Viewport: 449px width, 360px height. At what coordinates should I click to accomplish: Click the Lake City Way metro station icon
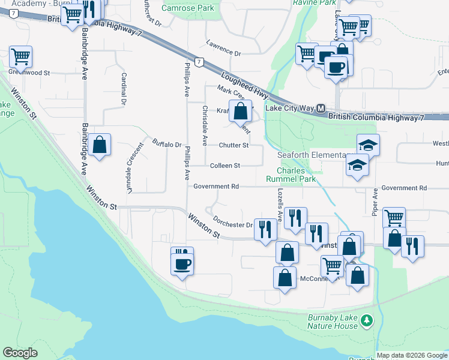coord(321,109)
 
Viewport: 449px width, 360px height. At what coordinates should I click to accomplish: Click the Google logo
coord(20,353)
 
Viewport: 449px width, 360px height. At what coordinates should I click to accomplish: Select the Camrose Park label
coord(188,8)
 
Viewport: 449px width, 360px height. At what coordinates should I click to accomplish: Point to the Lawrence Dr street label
coord(223,49)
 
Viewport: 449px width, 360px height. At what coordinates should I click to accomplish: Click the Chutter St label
coord(234,145)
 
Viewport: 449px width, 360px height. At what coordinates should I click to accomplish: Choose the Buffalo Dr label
coord(167,144)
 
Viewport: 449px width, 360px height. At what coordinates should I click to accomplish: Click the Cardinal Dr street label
coord(124,89)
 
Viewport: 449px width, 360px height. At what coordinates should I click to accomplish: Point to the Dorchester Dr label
coord(233,224)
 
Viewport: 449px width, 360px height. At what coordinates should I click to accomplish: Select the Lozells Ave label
coord(280,204)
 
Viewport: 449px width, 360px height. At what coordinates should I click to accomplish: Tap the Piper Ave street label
coord(375,203)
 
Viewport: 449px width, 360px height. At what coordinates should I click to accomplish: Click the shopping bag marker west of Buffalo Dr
coord(99,145)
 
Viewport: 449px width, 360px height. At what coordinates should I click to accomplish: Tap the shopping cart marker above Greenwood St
coord(20,56)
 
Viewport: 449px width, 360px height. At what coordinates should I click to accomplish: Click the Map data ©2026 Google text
coord(412,355)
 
